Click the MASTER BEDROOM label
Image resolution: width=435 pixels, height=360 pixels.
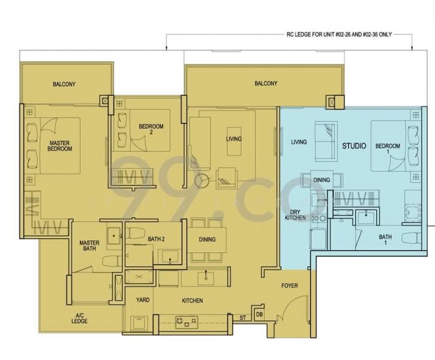60,145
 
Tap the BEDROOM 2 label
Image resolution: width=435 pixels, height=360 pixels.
151,129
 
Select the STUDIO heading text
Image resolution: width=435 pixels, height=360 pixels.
354,145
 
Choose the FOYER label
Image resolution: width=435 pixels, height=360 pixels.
289,286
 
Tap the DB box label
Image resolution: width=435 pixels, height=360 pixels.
259,315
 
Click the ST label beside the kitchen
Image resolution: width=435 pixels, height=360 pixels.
243,316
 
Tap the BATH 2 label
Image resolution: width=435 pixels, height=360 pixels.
156,239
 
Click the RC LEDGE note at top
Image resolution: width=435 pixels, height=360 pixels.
289,35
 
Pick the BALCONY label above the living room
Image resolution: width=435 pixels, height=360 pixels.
265,84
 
